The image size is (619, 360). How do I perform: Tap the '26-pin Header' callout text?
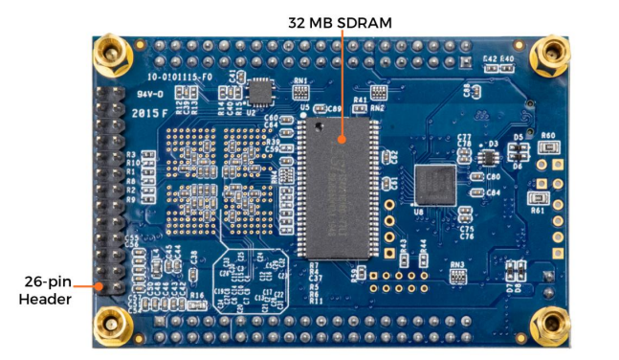tap(44, 290)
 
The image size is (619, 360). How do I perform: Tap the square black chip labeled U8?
tap(437, 186)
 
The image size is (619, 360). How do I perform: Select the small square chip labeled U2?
tap(258, 92)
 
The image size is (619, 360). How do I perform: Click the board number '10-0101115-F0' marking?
tap(177, 73)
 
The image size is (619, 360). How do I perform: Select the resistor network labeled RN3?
tap(457, 276)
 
